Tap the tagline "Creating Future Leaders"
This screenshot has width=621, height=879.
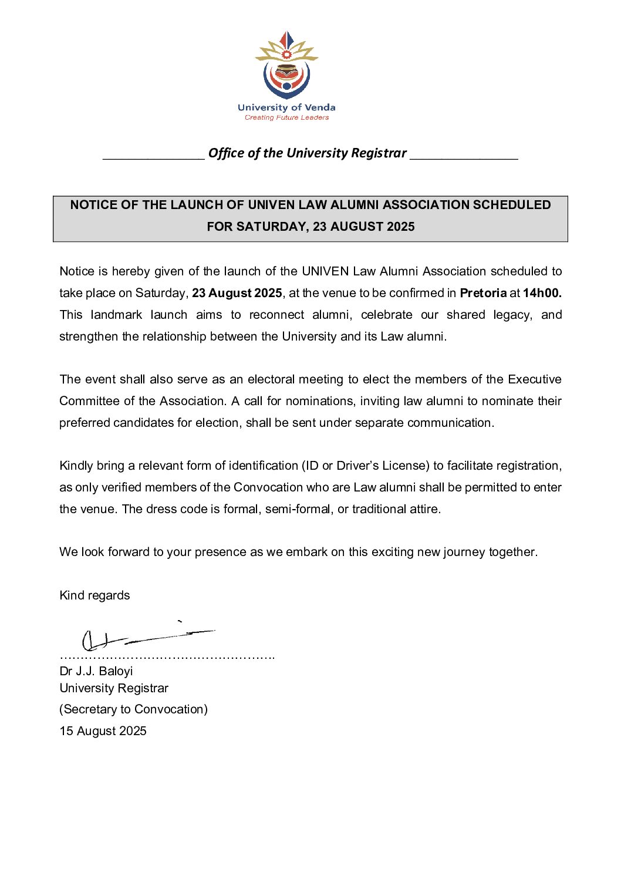pyautogui.click(x=286, y=117)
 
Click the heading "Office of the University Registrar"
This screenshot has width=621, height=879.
pyautogui.click(x=307, y=153)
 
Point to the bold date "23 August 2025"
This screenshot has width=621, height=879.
pyautogui.click(x=237, y=293)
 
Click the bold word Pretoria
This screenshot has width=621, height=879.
pyautogui.click(x=483, y=293)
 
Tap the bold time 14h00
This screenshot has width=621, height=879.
pyautogui.click(x=542, y=293)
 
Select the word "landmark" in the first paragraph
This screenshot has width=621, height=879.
pyautogui.click(x=116, y=315)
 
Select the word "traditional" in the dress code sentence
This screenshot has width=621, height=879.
pyautogui.click(x=381, y=509)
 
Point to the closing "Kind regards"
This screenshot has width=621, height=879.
pyautogui.click(x=95, y=595)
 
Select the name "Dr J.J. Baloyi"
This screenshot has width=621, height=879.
pyautogui.click(x=96, y=671)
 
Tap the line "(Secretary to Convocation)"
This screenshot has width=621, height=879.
pyautogui.click(x=133, y=709)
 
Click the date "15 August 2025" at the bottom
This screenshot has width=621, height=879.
pyautogui.click(x=103, y=731)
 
